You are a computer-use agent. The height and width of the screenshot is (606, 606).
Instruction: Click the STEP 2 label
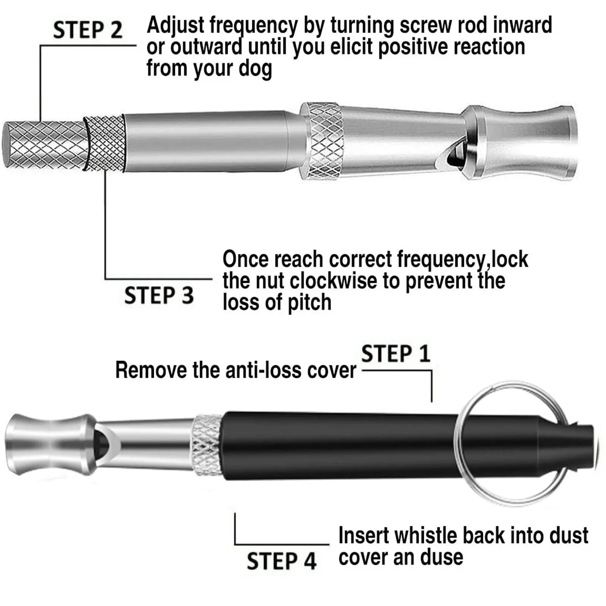click(x=87, y=30)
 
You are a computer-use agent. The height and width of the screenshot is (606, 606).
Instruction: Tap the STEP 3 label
click(x=159, y=295)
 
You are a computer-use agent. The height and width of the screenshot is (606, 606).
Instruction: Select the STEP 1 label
click(x=396, y=354)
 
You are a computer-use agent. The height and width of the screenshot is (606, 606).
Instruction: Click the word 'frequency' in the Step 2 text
click(x=254, y=26)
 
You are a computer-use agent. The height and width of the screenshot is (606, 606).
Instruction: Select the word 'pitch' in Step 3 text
click(x=309, y=303)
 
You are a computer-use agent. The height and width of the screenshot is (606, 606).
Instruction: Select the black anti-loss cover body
click(x=341, y=447)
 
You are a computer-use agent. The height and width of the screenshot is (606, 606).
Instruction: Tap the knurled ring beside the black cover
click(x=207, y=445)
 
